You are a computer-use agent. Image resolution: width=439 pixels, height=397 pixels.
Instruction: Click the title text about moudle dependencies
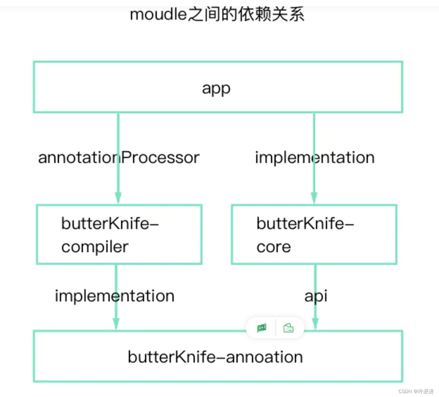coord(217,14)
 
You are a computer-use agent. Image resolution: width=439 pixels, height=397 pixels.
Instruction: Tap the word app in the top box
coord(216,89)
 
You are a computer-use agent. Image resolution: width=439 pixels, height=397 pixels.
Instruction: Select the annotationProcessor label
coord(119,157)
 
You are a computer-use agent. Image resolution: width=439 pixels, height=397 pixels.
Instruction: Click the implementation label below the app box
coord(315,158)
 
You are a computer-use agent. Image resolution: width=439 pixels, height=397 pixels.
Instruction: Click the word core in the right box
coord(274,247)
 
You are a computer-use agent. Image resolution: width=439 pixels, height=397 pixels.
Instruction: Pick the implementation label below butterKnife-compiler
coord(115,296)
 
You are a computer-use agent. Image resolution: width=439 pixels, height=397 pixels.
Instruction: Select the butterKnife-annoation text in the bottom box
coord(215,357)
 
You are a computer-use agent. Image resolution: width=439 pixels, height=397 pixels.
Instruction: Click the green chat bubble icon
coord(262,328)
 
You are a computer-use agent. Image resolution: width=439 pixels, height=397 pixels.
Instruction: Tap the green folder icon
coord(288,328)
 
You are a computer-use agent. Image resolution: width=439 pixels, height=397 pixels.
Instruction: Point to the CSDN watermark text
coord(416,391)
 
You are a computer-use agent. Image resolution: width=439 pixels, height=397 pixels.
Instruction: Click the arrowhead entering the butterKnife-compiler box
coord(118,198)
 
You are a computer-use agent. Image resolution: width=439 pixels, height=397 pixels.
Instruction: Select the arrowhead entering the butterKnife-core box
coord(314,198)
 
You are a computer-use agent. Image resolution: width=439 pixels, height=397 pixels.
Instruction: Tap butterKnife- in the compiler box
coord(110,223)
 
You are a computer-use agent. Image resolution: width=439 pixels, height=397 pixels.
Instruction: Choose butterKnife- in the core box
coord(305,223)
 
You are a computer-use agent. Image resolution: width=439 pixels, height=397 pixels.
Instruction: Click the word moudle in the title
coord(158,14)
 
